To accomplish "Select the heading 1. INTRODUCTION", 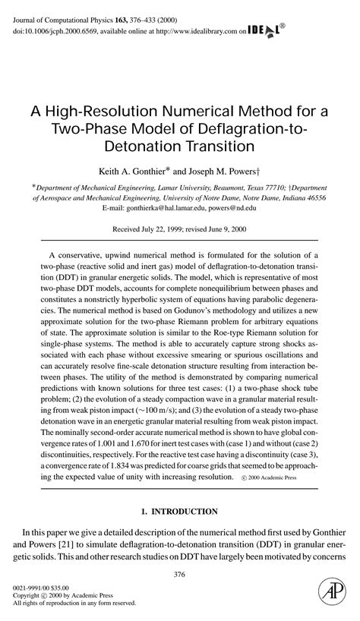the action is (180, 511).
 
